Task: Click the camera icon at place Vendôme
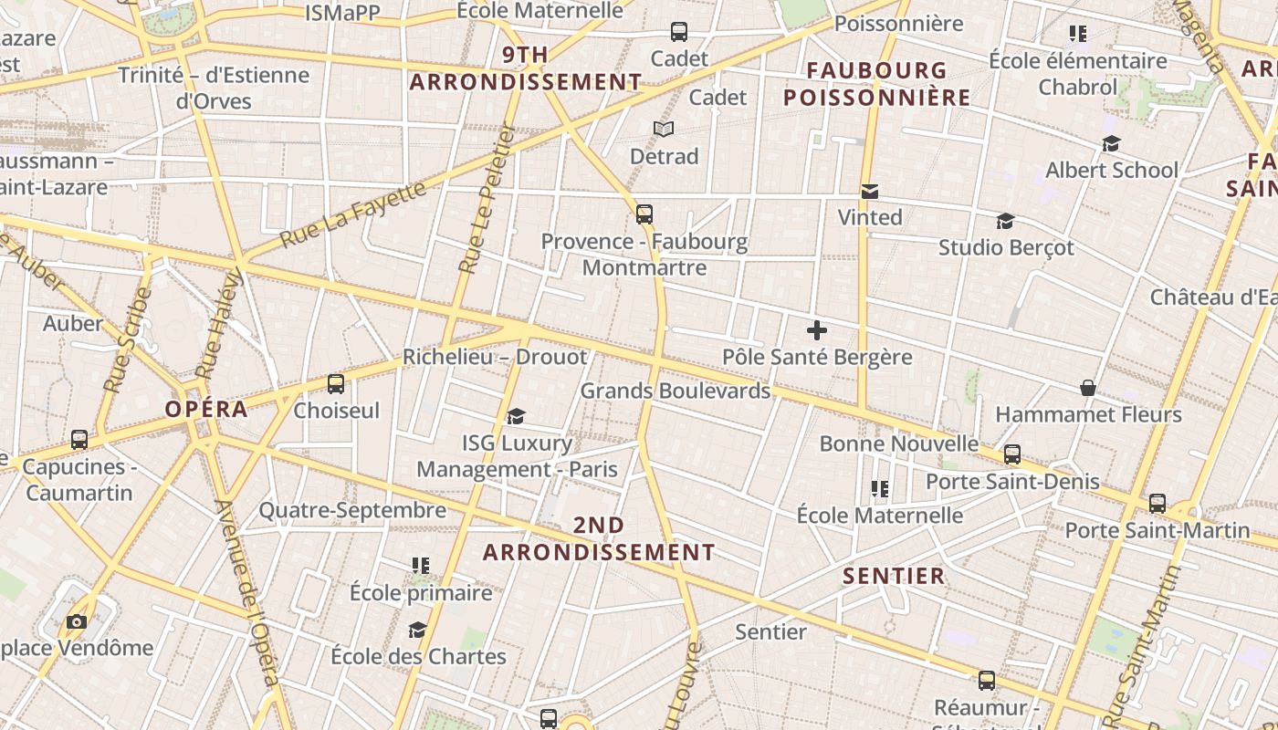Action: point(77,622)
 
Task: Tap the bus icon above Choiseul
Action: point(336,384)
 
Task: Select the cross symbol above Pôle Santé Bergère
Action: point(817,330)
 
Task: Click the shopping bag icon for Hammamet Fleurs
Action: point(1088,389)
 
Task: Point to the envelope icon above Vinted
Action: point(870,192)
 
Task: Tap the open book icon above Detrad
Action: point(664,130)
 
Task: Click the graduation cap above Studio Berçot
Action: point(1005,222)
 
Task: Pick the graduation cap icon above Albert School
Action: point(1111,144)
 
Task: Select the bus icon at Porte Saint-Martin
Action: point(1158,504)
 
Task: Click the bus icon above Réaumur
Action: point(987,681)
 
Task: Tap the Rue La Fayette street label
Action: point(353,214)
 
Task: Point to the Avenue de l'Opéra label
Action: point(246,593)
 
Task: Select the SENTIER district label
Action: point(894,576)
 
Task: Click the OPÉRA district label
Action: point(206,409)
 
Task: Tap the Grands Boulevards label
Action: point(676,391)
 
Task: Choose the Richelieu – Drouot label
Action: point(495,357)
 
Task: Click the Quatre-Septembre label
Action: point(352,510)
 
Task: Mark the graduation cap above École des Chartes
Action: point(417,631)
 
